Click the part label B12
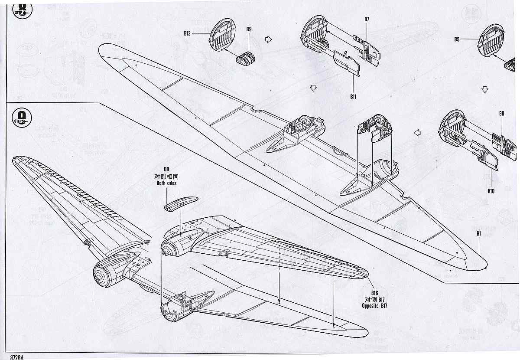coord(187,33)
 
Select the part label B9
coord(249,29)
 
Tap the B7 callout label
coord(367,19)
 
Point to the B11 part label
coord(354,96)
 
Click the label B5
coord(457,39)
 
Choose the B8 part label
coord(501,114)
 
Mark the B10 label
coord(491,191)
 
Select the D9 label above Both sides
coord(166,169)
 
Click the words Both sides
coord(166,183)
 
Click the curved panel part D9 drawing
coord(180,203)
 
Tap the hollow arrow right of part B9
coord(268,39)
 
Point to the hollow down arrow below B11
coord(313,88)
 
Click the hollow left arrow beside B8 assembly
coord(417,133)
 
